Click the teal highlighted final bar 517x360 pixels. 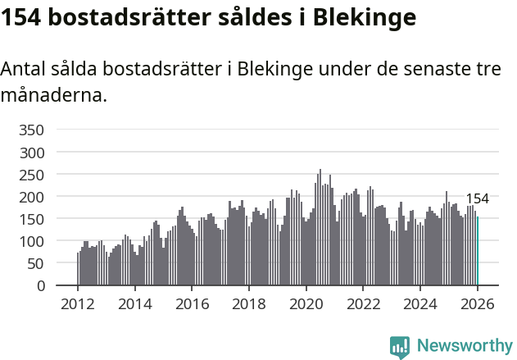coord(478,252)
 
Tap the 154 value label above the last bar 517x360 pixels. coord(478,198)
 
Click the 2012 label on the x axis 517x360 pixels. coord(78,304)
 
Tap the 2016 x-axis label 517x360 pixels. coord(192,304)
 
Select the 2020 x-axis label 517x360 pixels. coord(306,304)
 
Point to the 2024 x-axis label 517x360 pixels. coord(419,304)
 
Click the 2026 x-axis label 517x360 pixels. coord(477,304)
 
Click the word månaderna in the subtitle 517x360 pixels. coord(54,95)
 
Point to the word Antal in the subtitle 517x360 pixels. coord(24,70)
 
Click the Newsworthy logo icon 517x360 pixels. coord(400,347)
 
